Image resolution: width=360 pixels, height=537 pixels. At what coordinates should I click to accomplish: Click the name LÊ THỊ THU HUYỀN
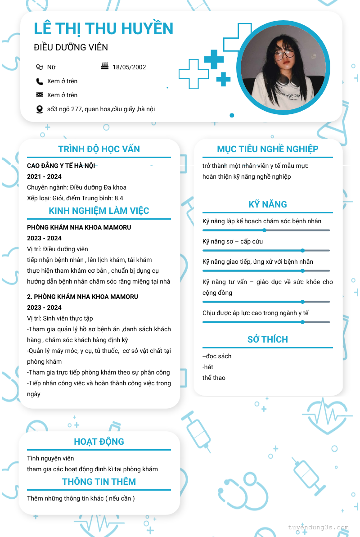pos(103,29)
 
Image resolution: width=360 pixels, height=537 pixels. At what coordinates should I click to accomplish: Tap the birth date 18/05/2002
pos(129,67)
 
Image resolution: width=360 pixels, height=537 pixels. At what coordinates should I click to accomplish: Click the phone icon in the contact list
pos(40,81)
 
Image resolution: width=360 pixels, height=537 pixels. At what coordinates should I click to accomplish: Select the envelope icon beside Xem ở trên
pos(40,95)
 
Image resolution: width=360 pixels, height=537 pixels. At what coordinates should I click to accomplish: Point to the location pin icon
pos(40,109)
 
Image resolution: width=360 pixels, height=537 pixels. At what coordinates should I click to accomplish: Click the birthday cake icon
pos(105,67)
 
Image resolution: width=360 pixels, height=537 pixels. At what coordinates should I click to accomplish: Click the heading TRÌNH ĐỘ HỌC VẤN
pos(99,149)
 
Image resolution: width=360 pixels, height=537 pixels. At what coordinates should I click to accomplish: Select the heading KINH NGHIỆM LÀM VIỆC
pos(99,211)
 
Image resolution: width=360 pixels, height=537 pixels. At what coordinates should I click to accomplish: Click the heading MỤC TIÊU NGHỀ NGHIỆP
pos(268,149)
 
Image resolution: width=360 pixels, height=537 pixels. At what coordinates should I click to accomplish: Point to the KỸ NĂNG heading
pos(268,204)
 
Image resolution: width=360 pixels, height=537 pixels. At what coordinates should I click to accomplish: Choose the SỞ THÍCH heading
pos(268,339)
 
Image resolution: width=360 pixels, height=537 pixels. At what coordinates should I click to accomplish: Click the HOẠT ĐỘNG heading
pos(99,442)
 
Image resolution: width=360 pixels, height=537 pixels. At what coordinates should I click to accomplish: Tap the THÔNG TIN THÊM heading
pos(99,482)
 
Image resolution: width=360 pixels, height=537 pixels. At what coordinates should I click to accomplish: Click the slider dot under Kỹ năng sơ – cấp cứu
pos(302,250)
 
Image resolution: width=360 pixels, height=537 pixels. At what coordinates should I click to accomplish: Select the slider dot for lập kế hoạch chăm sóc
pos(265,230)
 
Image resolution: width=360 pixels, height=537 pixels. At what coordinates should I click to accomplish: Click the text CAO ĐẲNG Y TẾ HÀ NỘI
pos(61,166)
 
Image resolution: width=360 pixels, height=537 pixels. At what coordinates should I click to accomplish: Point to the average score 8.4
pos(119,198)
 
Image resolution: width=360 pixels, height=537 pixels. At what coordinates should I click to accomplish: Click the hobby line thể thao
pos(214,378)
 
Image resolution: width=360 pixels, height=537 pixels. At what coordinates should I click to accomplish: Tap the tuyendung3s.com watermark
pos(318,528)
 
